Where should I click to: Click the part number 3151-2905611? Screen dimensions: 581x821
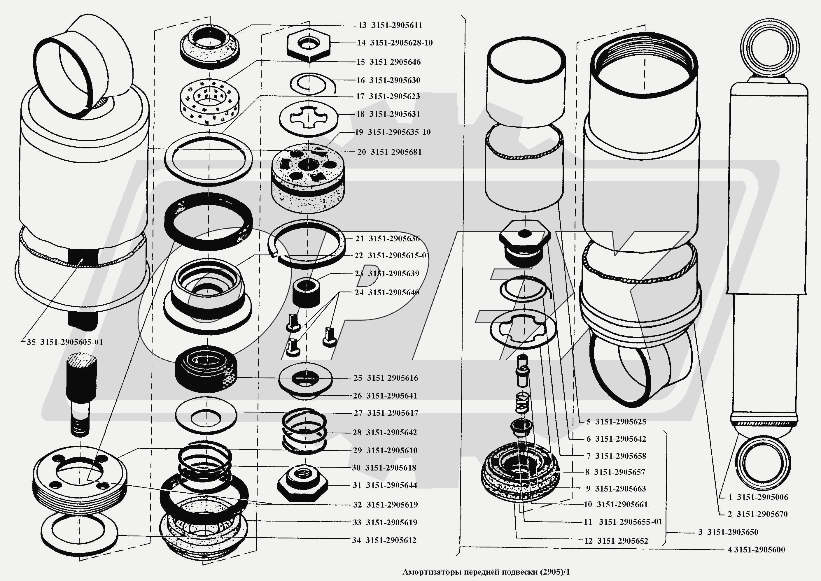click(x=397, y=25)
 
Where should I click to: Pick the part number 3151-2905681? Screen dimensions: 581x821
click(x=396, y=152)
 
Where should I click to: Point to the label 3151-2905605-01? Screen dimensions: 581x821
click(x=71, y=342)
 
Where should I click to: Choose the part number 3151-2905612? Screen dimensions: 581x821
click(x=391, y=540)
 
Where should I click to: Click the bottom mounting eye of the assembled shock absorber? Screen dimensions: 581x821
click(x=762, y=464)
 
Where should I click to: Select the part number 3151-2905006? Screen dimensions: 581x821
click(x=762, y=497)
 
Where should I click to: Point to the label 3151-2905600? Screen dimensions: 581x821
click(x=759, y=550)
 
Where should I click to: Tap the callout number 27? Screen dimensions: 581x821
click(x=358, y=413)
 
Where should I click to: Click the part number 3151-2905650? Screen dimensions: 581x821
click(x=733, y=532)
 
